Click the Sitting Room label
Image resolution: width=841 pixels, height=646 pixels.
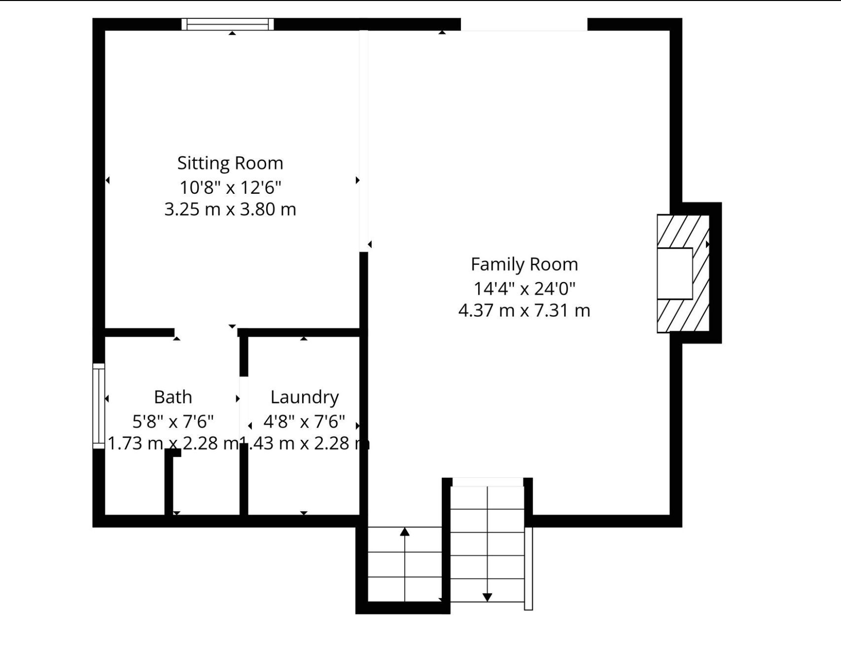(x=230, y=163)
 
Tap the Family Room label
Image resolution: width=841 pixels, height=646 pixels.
(x=525, y=265)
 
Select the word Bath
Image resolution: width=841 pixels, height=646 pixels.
(x=173, y=397)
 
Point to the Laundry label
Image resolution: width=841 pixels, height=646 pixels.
(x=305, y=397)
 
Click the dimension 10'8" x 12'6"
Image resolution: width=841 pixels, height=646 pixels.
(x=230, y=187)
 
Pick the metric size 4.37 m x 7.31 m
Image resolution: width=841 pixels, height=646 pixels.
(x=525, y=311)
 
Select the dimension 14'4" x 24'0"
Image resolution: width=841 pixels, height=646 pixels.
(x=525, y=288)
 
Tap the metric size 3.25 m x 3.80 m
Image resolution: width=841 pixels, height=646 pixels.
(x=230, y=210)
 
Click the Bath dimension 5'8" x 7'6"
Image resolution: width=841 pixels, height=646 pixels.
(x=173, y=422)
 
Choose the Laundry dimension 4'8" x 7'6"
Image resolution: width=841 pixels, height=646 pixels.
(x=304, y=422)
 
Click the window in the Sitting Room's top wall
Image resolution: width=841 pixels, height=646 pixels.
(x=227, y=24)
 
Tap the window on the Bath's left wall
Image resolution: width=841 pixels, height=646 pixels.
(x=99, y=406)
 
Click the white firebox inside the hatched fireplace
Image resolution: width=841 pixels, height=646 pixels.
(x=675, y=274)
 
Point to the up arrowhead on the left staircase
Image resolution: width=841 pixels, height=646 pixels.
(x=405, y=532)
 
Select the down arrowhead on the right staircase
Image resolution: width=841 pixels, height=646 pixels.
(x=488, y=597)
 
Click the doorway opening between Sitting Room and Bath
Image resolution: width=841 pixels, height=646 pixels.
(x=206, y=332)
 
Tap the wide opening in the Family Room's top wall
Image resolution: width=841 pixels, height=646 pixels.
(x=524, y=24)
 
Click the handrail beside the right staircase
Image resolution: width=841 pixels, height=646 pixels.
(x=528, y=569)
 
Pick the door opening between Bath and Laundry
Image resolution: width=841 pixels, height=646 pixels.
(x=244, y=410)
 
